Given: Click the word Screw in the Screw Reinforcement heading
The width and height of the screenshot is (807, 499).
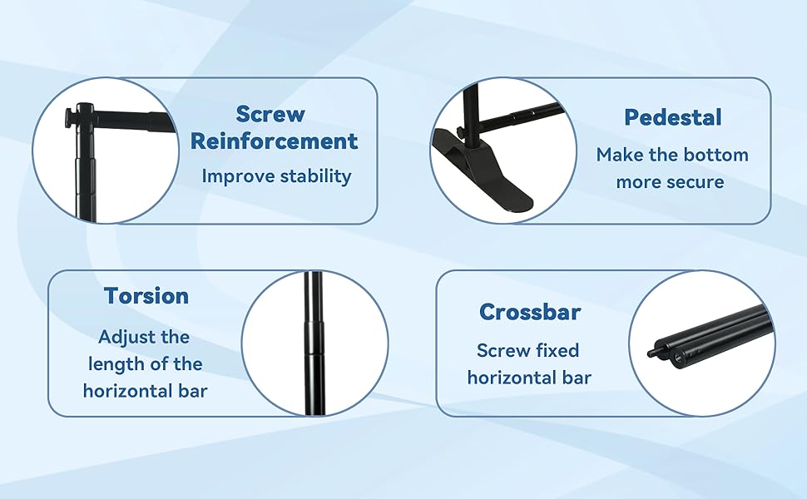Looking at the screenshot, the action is click(270, 114).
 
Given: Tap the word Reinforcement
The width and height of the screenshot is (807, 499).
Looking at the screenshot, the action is click(274, 141).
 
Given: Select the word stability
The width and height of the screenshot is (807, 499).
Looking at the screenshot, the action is click(316, 176).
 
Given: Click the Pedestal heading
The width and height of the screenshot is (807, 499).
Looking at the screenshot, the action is click(673, 117).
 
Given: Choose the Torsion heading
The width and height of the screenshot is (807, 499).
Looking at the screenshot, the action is click(146, 296).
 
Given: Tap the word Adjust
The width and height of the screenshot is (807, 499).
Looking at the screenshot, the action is click(122, 338).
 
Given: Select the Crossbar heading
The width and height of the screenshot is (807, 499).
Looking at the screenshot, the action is click(530, 312).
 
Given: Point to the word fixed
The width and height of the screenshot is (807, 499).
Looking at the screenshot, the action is click(557, 350).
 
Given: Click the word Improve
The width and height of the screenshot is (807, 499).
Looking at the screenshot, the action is click(238, 176).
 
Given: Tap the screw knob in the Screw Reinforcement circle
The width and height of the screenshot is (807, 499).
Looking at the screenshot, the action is click(70, 118).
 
